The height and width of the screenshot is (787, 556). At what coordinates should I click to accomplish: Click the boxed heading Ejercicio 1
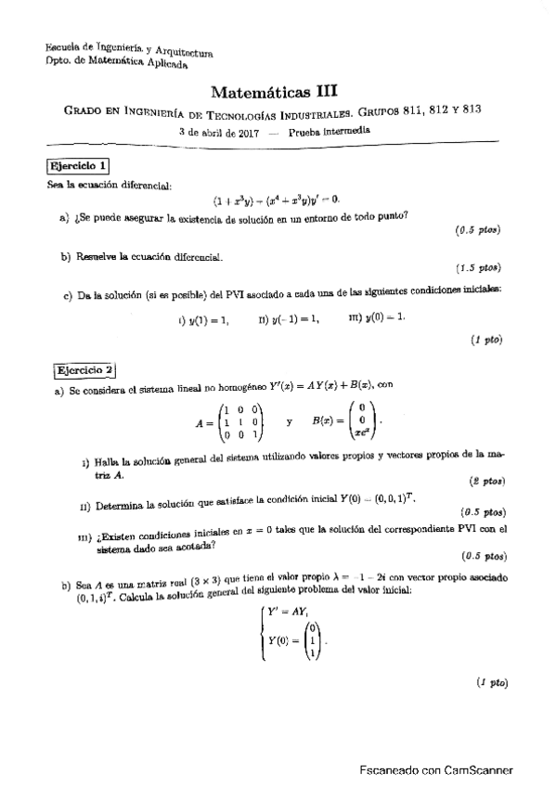(78, 167)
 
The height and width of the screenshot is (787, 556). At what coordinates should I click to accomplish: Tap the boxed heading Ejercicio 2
(84, 369)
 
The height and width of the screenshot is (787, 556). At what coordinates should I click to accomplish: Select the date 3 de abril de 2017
(216, 132)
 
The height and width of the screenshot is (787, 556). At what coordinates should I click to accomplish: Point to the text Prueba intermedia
(330, 132)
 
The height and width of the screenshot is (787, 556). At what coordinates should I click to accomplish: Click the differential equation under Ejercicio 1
(277, 199)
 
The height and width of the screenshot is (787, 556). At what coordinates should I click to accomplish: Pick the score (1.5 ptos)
(479, 268)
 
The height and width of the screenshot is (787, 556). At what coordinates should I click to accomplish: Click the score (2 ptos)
(486, 482)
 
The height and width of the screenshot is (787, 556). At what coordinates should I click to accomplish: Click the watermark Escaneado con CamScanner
(435, 769)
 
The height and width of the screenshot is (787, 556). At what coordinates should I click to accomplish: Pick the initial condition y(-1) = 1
(291, 319)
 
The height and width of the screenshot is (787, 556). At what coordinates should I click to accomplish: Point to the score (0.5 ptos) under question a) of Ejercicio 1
(479, 228)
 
